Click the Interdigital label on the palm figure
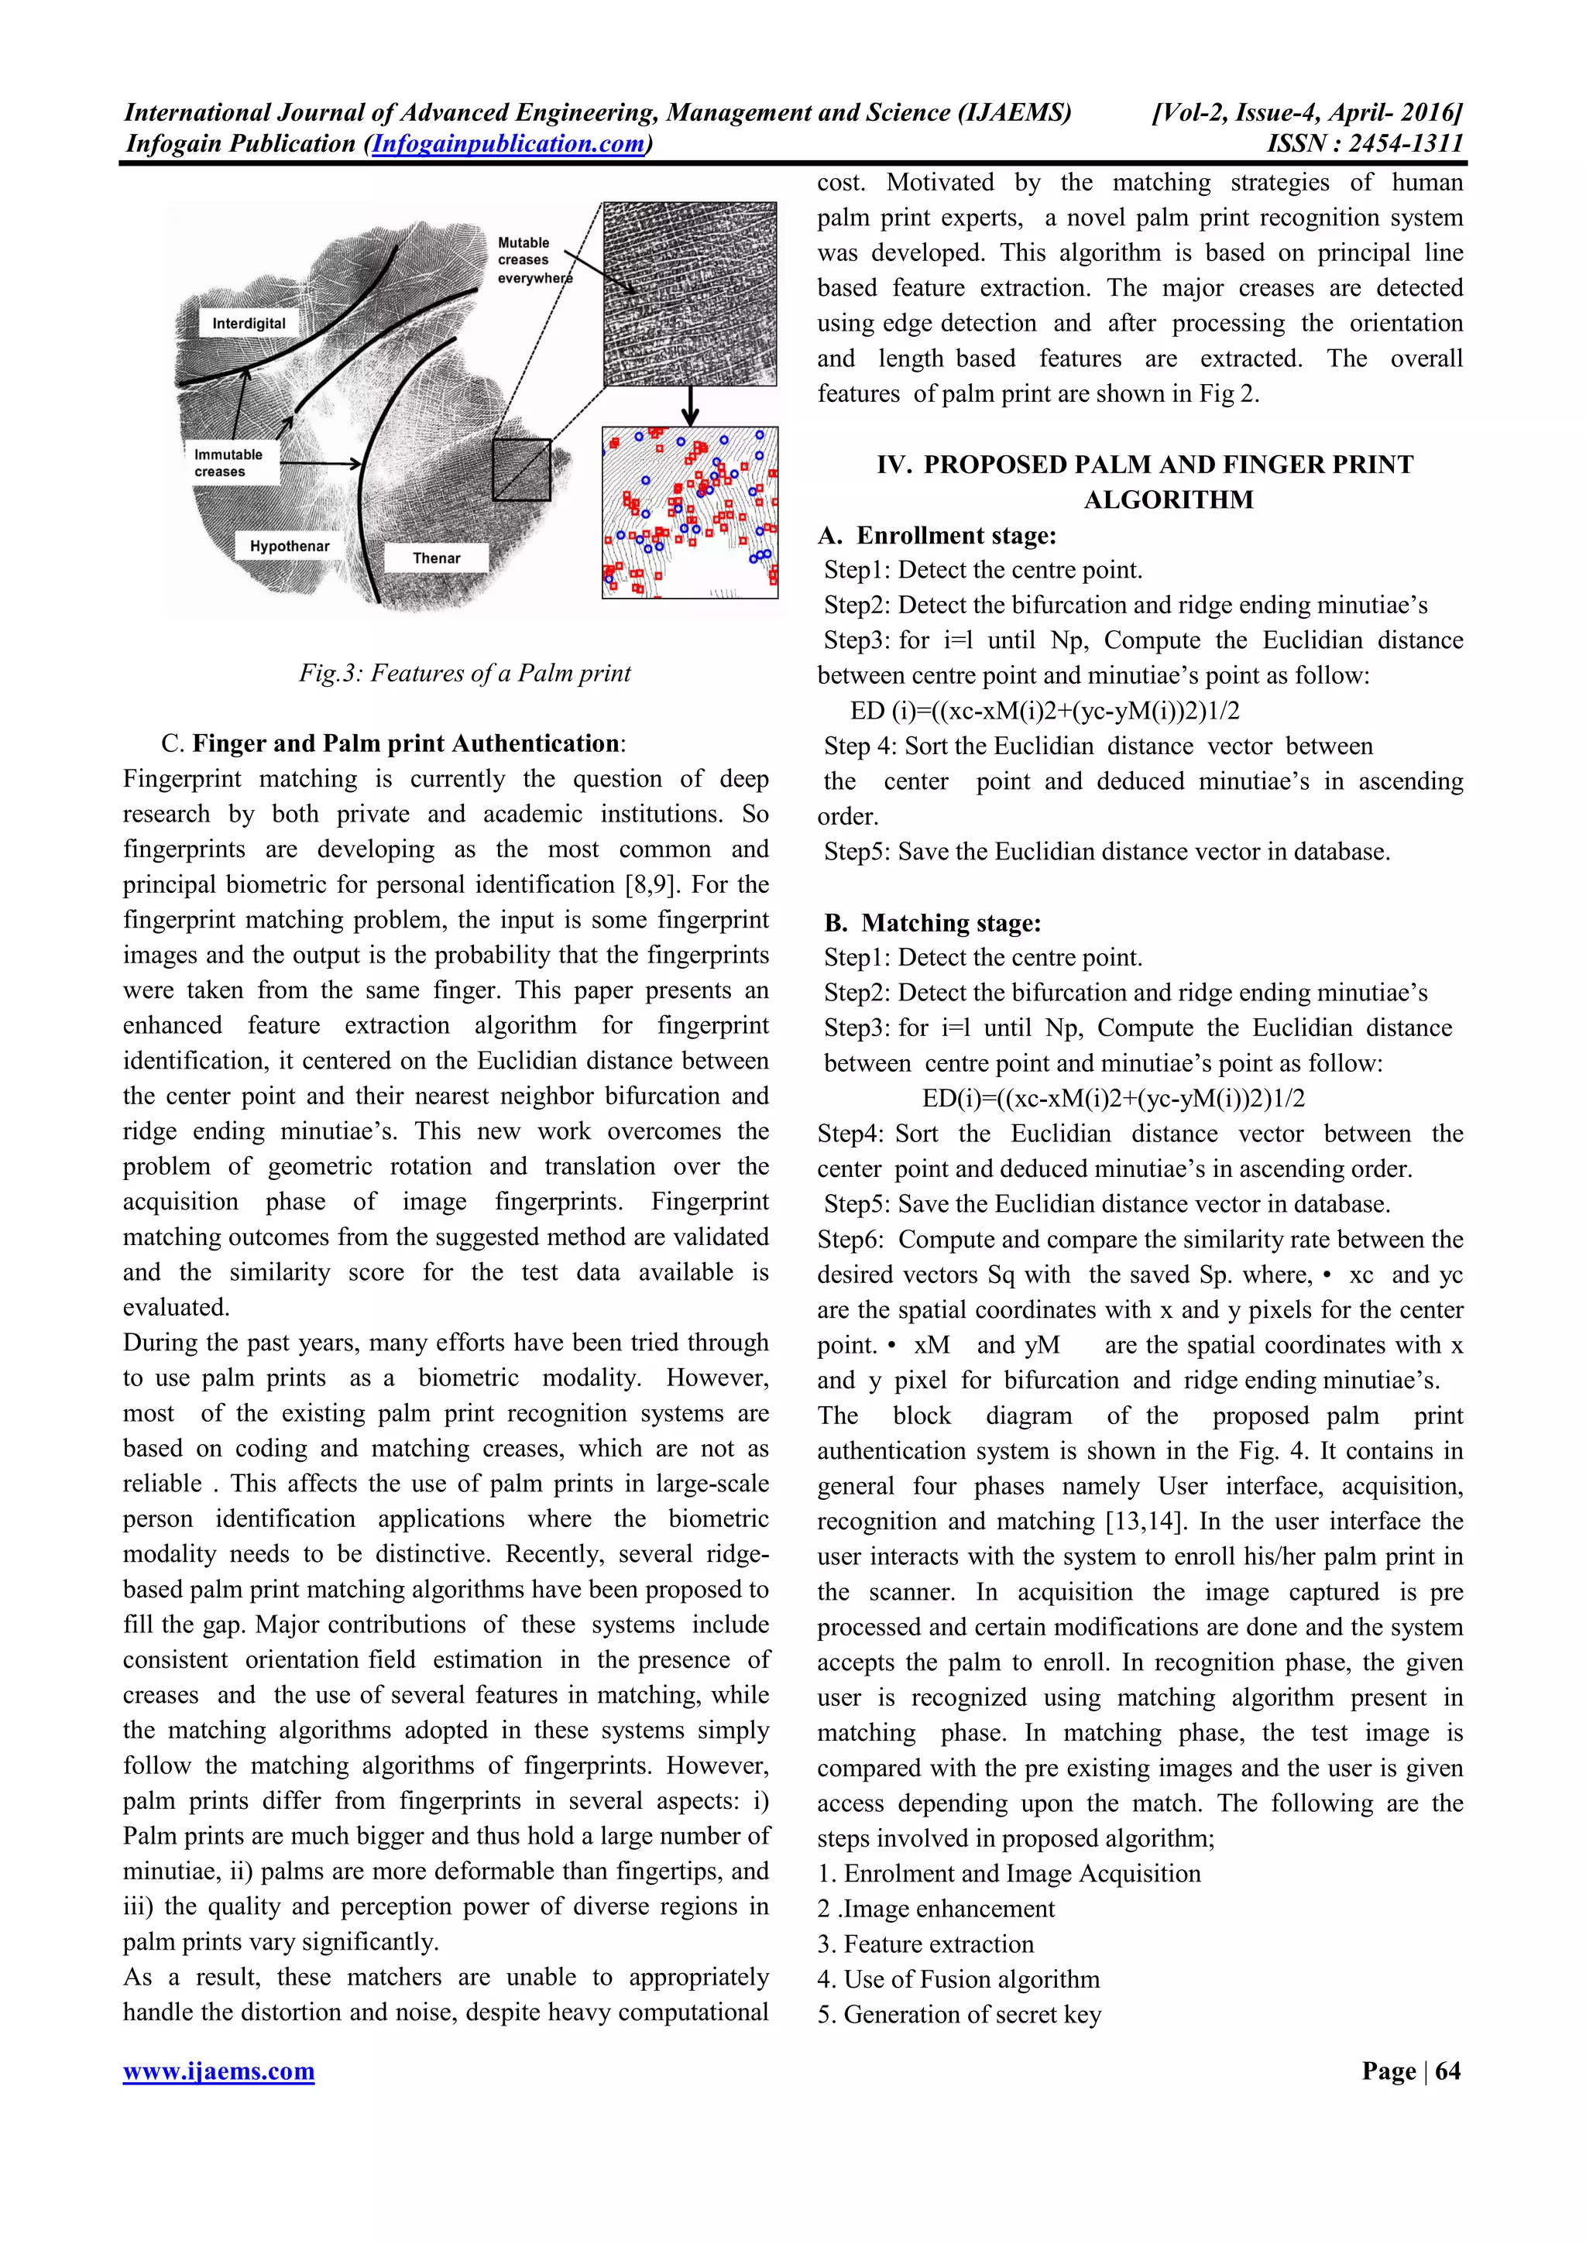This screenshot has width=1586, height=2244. click(249, 324)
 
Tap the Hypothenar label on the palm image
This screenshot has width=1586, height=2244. click(290, 547)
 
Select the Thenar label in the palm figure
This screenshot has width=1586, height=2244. click(436, 558)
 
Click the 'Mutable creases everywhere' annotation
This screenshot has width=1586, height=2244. click(533, 260)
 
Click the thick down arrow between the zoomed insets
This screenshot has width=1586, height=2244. click(690, 405)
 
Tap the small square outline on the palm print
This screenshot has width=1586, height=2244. click(521, 469)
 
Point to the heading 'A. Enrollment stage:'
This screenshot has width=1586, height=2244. click(937, 536)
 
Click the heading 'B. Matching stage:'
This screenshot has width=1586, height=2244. click(932, 923)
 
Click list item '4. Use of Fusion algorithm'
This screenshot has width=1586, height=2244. click(958, 1979)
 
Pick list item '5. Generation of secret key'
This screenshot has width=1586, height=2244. click(959, 2014)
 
